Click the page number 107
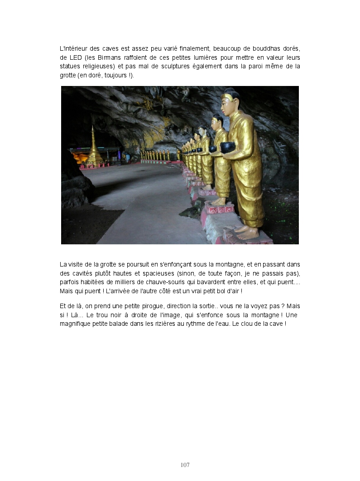point(185,465)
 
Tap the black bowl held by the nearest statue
point(228,147)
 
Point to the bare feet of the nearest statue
point(247,232)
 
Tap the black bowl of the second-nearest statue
point(212,149)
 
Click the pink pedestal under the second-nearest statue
point(220,209)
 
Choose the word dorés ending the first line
point(292,48)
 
